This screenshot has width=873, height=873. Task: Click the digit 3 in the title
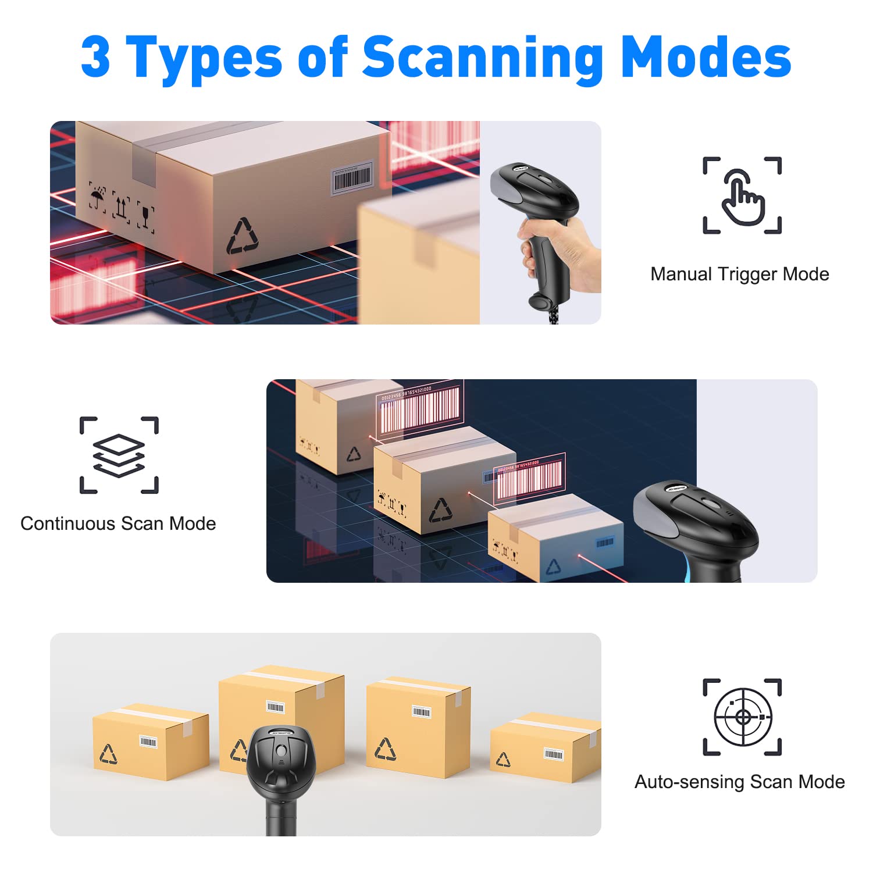tap(96, 57)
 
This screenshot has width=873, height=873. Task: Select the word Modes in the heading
tap(706, 57)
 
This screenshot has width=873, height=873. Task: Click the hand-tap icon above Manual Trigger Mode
tap(742, 195)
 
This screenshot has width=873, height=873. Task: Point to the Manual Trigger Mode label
tap(739, 274)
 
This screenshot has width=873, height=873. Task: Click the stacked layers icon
tap(119, 455)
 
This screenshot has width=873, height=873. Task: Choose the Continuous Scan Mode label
tap(118, 523)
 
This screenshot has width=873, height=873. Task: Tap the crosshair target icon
tap(743, 717)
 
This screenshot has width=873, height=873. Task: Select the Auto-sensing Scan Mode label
tap(739, 782)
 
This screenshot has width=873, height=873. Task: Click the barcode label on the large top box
tap(352, 178)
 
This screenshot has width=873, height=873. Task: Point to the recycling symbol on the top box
tap(243, 237)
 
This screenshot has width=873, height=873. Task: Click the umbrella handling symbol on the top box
tap(97, 196)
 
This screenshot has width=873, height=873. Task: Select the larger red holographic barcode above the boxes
tap(419, 407)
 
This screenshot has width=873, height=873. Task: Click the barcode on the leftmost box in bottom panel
tap(148, 742)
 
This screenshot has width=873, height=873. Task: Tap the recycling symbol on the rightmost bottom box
tap(503, 759)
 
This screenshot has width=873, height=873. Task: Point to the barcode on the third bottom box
tap(421, 712)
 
